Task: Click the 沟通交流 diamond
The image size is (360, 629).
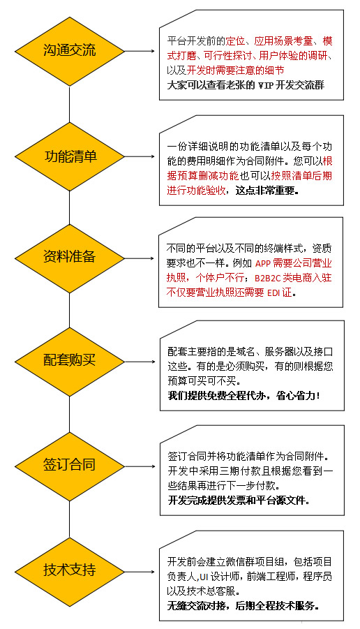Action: [x=69, y=52]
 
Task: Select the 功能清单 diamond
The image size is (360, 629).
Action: [x=69, y=156]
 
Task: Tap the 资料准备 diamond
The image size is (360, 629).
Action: [x=69, y=258]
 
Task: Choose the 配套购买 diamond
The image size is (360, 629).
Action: [x=69, y=362]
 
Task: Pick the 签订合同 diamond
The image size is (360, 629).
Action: [x=69, y=466]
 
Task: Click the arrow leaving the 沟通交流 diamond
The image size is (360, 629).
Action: [x=140, y=52]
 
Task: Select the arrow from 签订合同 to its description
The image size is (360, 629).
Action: [x=140, y=466]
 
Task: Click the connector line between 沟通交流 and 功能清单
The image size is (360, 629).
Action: [x=69, y=104]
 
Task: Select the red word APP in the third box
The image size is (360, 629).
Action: [x=263, y=264]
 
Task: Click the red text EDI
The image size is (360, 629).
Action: [x=273, y=293]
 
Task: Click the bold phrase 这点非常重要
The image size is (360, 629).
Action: [x=265, y=191]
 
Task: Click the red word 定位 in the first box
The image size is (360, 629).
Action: [x=235, y=41]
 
